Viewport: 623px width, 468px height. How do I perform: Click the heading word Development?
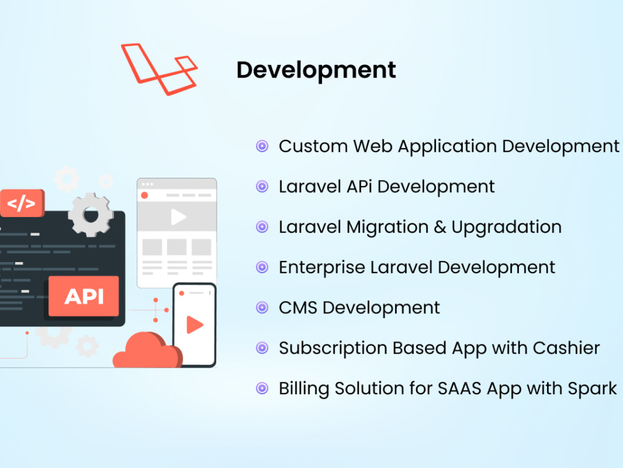316,70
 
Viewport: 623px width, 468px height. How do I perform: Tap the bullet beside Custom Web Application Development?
262,147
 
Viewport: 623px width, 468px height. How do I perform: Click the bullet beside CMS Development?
262,308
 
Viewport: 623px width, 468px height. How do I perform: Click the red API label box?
84,296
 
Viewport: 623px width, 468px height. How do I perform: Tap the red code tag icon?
22,203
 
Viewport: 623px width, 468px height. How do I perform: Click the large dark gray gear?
91,214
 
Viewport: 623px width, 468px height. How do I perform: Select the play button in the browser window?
178,217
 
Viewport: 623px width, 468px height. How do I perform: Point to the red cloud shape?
145,353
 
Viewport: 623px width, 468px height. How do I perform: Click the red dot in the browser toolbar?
145,195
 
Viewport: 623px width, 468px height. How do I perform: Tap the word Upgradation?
506,227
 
